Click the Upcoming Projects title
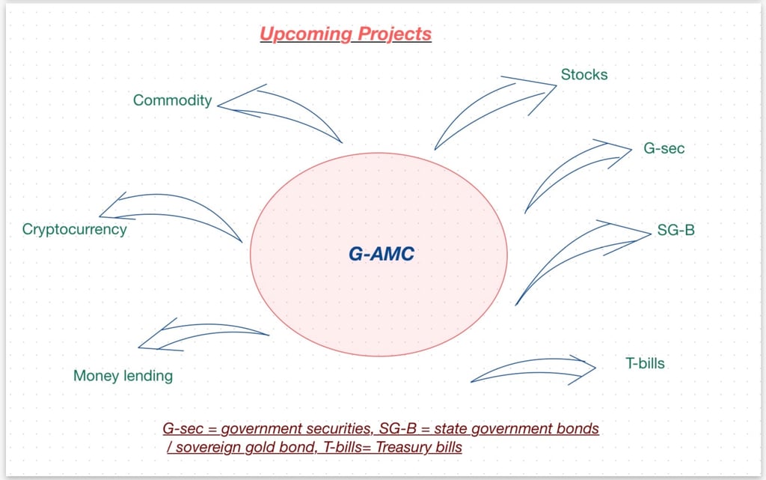pos(346,34)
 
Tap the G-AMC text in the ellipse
pos(382,255)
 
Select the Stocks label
pos(584,75)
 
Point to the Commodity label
pos(173,100)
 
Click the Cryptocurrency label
pos(75,229)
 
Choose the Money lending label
pos(123,376)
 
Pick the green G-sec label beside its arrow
pos(664,148)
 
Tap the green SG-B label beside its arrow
pos(676,230)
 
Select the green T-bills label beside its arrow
pos(645,364)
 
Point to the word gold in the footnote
pos(257,448)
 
